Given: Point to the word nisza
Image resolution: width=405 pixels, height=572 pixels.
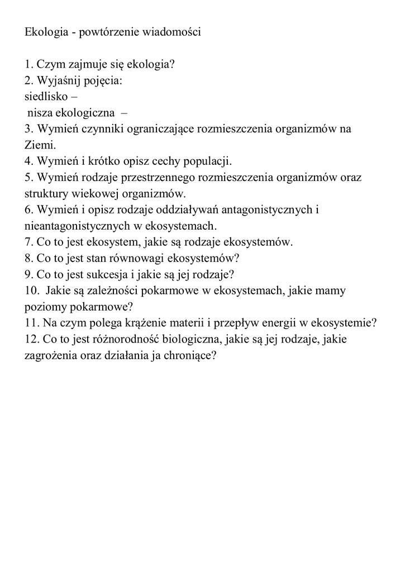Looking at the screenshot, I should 42,112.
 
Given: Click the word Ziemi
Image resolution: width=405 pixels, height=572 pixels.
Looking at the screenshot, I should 39,145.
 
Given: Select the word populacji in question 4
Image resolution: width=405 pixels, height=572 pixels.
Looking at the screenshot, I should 203,161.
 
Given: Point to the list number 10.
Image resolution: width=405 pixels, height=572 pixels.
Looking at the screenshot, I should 32,290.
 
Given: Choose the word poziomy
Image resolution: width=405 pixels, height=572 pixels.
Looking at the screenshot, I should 44,307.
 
